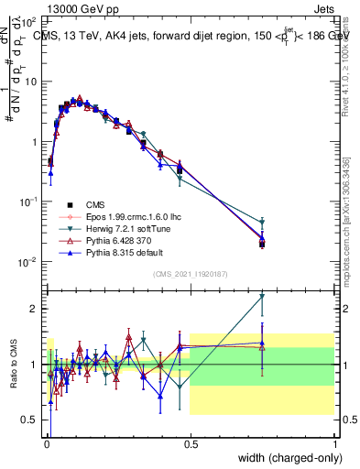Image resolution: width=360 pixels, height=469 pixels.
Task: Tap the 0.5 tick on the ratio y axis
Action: point(30,420)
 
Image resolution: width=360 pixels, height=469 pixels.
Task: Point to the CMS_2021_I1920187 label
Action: point(191,274)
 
